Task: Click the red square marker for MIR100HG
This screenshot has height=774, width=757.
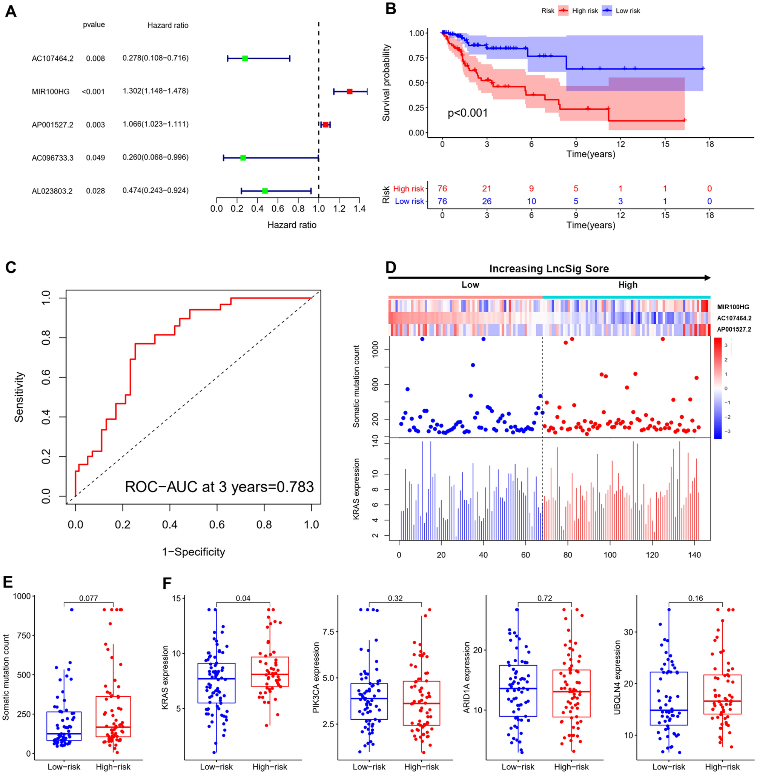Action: tap(350, 91)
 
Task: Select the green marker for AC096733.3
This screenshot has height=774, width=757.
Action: tap(243, 158)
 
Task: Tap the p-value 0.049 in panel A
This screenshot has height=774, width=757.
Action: tap(95, 158)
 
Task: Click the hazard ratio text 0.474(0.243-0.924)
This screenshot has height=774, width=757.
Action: tap(155, 190)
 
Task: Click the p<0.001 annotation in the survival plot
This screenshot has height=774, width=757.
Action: tap(468, 113)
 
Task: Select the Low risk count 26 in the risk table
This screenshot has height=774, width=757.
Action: tap(487, 201)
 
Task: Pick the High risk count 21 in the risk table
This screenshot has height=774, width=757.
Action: tap(487, 189)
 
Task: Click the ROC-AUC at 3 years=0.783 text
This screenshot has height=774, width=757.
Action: tap(219, 487)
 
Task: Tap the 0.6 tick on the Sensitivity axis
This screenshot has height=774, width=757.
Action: tap(46, 377)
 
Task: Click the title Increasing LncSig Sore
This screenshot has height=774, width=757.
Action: tap(549, 269)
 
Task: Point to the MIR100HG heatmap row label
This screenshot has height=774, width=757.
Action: tap(733, 307)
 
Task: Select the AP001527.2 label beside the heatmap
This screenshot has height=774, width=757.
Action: tap(734, 329)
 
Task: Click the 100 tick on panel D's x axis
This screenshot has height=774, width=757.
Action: tap(610, 555)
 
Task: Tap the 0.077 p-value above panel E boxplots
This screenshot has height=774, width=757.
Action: tap(88, 598)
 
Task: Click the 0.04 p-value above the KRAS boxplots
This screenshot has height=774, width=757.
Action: tap(243, 598)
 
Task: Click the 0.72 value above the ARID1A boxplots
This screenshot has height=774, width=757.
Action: tap(544, 598)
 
